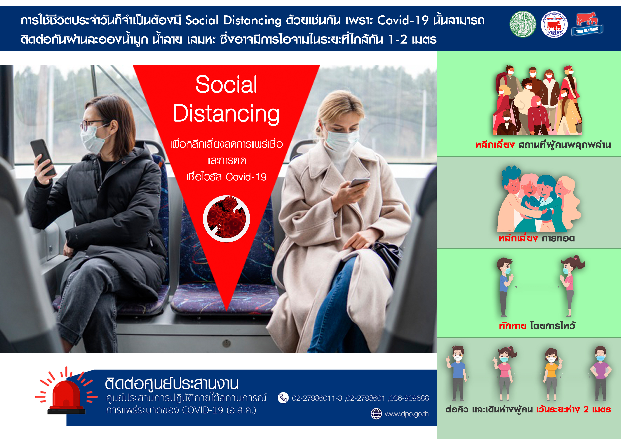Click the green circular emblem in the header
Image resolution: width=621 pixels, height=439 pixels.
(523, 24)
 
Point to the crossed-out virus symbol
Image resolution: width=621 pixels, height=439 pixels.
(226, 219)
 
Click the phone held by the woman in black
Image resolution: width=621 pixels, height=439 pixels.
(43, 157)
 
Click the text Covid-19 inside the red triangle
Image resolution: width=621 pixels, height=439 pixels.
(246, 177)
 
